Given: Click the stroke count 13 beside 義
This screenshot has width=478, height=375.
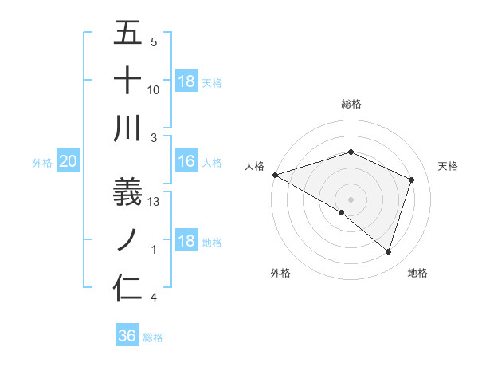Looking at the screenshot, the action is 155,202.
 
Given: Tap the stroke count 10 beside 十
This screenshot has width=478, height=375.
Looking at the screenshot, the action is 155,90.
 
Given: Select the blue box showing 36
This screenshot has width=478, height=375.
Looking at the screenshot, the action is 127,336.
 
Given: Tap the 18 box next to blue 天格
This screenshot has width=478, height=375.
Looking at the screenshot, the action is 186,81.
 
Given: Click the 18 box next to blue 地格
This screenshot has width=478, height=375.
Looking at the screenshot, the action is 186,242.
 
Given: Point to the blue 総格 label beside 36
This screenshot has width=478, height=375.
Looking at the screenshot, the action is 153,337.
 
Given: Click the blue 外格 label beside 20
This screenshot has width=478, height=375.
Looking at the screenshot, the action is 42,163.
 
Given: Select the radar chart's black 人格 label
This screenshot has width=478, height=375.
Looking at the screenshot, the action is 255,165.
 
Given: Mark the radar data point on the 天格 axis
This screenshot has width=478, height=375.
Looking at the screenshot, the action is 412,180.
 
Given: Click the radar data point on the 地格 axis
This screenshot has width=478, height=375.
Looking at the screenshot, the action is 388,251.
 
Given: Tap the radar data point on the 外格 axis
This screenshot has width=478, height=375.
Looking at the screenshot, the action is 342,212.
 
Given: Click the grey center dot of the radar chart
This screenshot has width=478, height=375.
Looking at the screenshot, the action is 351,198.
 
